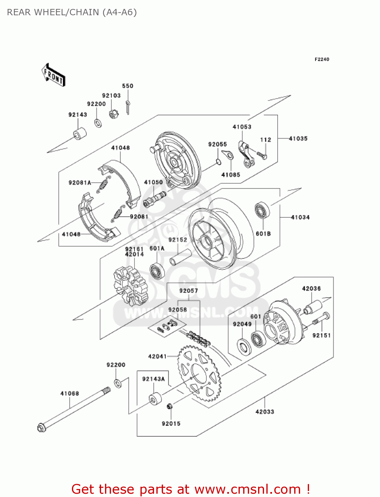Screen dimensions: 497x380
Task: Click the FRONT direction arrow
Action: (53, 75)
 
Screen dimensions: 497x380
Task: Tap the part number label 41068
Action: (70, 394)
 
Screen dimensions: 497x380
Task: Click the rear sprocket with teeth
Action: (199, 373)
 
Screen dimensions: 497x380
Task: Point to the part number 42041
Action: (157, 357)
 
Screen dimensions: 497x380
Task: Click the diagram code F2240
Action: (322, 59)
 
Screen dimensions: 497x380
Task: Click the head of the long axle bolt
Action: (41, 428)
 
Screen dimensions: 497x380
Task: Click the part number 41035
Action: (298, 138)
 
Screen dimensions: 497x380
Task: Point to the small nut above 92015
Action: (169, 406)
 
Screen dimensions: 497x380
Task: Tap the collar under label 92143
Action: (80, 134)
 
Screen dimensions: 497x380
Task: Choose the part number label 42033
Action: (265, 412)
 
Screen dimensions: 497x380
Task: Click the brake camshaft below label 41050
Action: (154, 199)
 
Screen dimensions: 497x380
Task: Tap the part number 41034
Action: (300, 217)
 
